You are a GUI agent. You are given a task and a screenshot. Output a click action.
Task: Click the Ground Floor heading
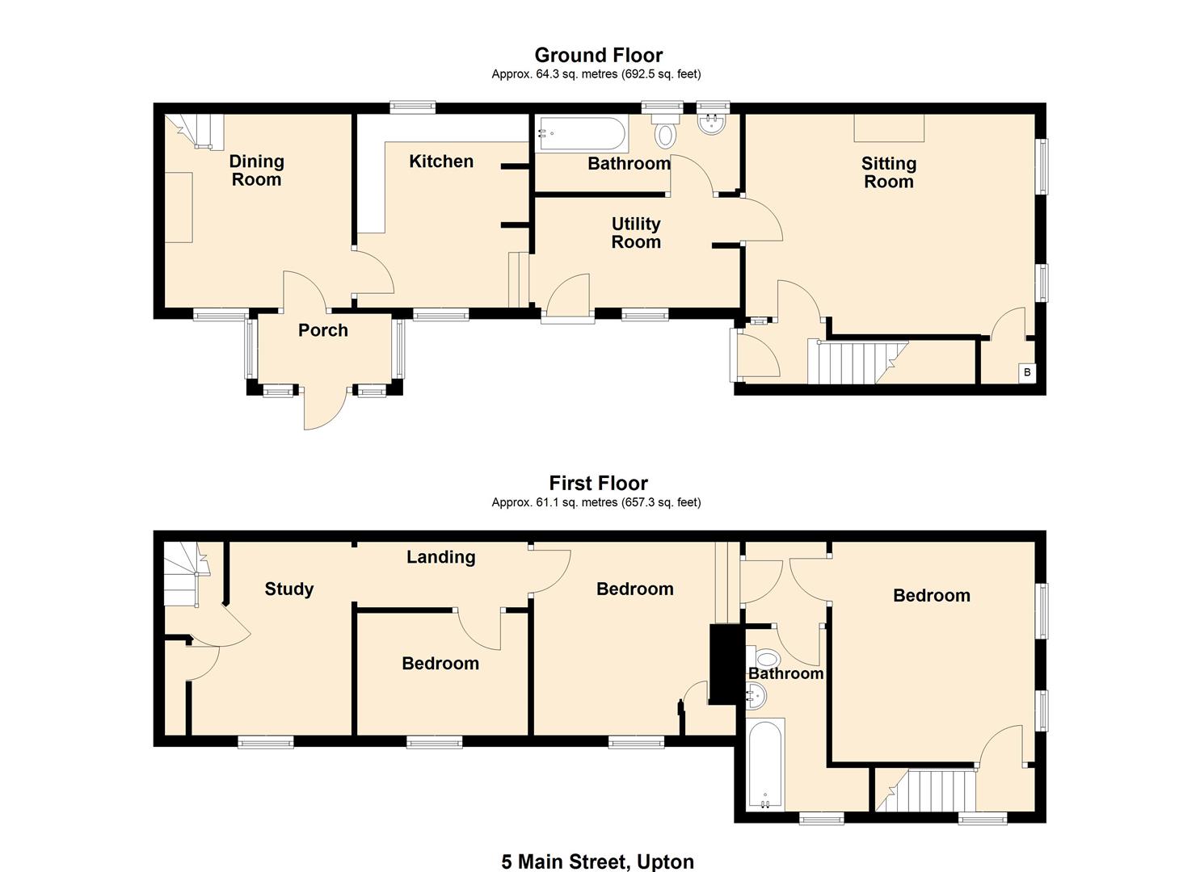[x=598, y=55]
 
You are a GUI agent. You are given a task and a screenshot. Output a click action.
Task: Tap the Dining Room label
[x=256, y=170]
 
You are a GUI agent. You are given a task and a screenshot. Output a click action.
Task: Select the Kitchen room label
[x=440, y=161]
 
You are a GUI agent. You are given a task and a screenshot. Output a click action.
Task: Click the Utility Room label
[x=635, y=233]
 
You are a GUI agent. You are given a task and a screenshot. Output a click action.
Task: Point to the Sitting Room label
[x=888, y=173]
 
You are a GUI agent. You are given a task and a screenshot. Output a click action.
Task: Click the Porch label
[x=322, y=330]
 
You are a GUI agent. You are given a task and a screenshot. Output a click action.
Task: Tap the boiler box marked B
[x=1026, y=372]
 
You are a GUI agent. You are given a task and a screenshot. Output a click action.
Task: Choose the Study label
[x=288, y=589]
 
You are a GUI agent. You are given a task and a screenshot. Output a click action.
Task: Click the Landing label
[x=440, y=557]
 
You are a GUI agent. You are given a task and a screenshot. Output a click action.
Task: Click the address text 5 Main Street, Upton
[x=597, y=862]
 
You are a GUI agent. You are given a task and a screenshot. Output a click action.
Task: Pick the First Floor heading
[x=598, y=483]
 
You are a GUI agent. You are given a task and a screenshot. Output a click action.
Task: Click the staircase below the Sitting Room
[x=857, y=362]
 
